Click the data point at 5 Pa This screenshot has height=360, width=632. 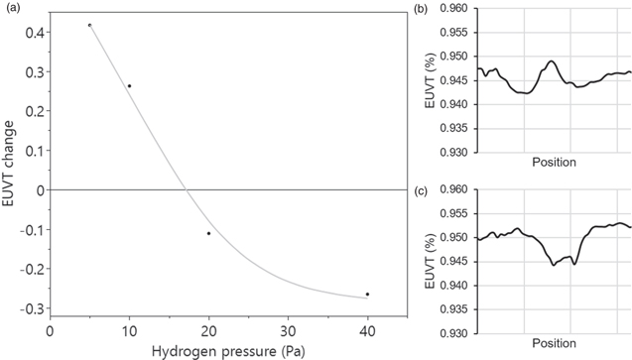click(89, 25)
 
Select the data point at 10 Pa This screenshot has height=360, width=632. click(129, 86)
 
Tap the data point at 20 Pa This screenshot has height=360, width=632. click(208, 233)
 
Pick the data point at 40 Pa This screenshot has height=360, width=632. click(367, 294)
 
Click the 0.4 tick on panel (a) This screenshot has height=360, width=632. click(34, 33)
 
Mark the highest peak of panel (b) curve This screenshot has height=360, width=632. click(552, 61)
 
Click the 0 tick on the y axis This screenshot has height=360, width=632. click(40, 189)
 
